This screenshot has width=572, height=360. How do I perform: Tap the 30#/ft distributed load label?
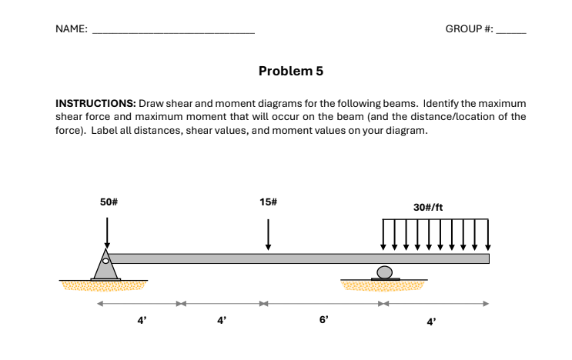click(x=428, y=207)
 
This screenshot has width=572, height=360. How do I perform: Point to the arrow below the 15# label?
click(x=268, y=234)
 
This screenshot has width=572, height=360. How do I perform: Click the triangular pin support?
click(x=105, y=266)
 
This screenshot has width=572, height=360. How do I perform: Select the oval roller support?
click(x=384, y=272)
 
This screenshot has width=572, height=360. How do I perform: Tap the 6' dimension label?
click(x=323, y=320)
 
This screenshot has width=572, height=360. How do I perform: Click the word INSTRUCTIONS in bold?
click(x=95, y=103)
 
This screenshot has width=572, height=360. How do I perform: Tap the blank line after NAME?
click(x=173, y=32)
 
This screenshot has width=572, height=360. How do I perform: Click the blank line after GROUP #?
click(x=511, y=32)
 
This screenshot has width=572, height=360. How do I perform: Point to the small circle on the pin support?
click(x=106, y=260)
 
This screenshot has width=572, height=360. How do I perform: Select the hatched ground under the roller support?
click(x=382, y=286)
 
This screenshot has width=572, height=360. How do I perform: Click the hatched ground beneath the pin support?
click(x=104, y=286)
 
